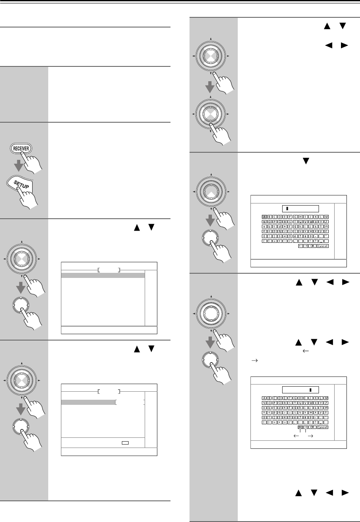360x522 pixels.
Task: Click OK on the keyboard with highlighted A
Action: [x=312, y=245]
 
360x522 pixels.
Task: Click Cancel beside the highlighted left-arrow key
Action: [x=323, y=427]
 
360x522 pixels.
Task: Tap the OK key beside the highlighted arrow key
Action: [x=312, y=427]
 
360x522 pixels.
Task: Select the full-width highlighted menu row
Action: [x=103, y=275]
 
